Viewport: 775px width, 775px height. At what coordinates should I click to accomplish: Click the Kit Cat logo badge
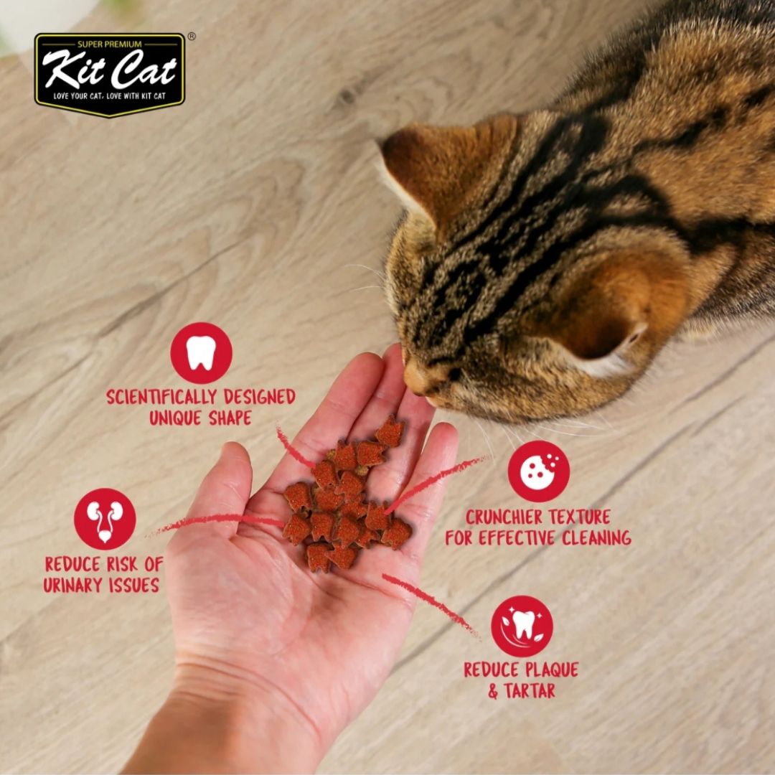click(x=110, y=75)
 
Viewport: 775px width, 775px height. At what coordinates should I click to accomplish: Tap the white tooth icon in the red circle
click(x=201, y=353)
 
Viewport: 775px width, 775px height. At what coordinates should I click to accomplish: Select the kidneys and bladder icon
click(x=105, y=519)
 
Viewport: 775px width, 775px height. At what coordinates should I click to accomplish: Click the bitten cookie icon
click(x=538, y=471)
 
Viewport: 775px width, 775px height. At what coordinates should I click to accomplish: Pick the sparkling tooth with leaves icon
click(x=522, y=626)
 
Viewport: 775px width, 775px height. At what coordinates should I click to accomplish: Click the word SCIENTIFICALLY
click(x=161, y=397)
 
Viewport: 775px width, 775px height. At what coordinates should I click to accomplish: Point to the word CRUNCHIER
click(x=504, y=517)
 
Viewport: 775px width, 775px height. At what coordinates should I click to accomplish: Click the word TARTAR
click(x=530, y=690)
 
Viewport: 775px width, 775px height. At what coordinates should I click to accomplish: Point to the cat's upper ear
click(x=445, y=168)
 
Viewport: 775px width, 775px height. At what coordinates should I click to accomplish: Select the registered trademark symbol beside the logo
click(x=192, y=36)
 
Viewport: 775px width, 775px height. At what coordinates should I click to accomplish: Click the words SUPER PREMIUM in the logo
click(x=110, y=44)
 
